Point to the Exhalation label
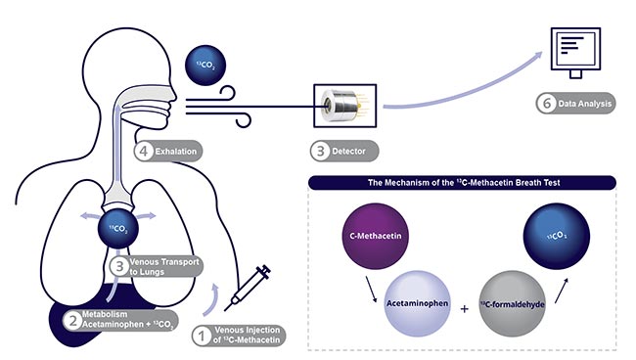pyautogui.click(x=174, y=152)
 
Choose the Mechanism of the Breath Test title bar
pyautogui.click(x=462, y=182)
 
